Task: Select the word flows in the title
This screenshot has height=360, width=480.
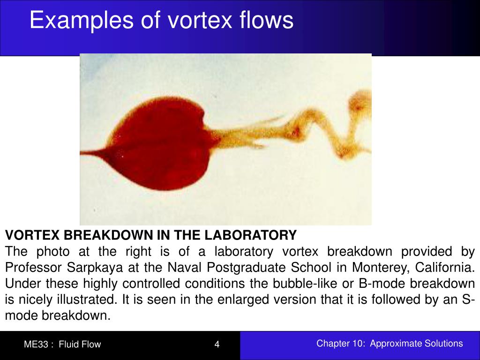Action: [267, 21]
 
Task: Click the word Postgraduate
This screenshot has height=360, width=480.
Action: [232, 268]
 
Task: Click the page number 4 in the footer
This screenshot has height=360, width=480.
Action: [217, 345]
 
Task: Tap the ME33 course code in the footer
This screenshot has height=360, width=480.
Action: [37, 345]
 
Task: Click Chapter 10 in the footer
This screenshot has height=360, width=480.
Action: [340, 344]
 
